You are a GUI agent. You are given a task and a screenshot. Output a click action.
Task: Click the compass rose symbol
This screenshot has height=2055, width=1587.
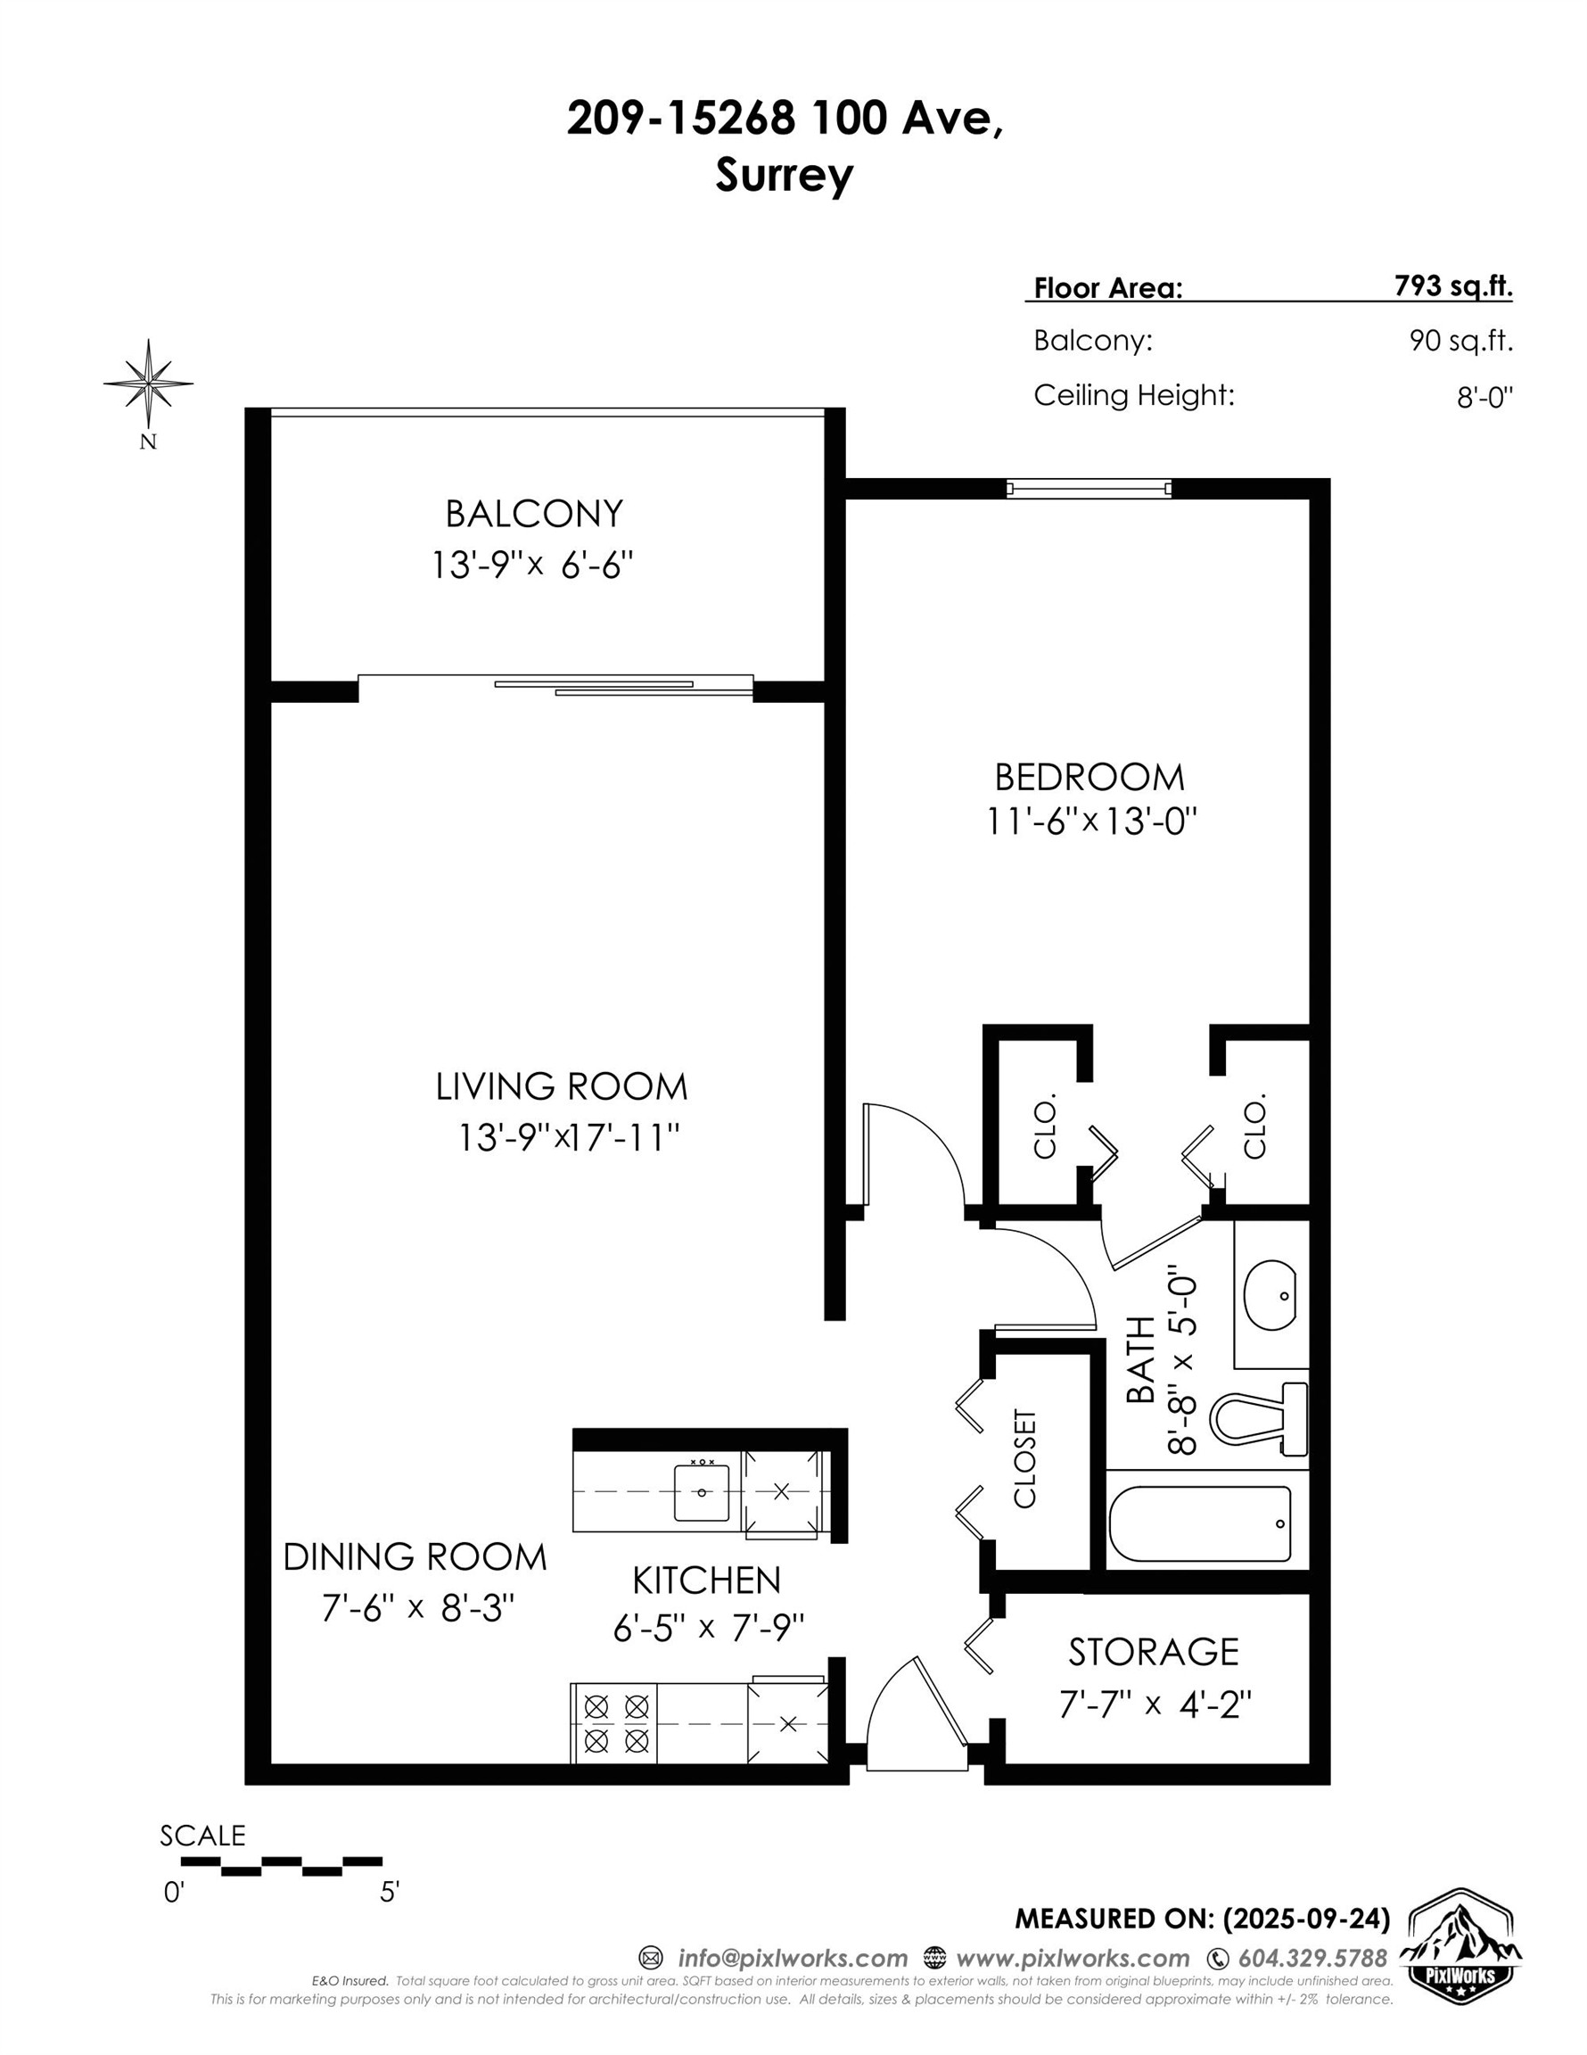click(149, 383)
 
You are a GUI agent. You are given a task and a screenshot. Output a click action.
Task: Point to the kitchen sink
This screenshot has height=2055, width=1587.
click(701, 1492)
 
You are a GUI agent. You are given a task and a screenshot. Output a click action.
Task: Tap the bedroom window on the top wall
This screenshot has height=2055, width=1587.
click(1089, 489)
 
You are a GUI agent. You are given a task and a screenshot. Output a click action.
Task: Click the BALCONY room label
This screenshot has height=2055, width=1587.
click(533, 514)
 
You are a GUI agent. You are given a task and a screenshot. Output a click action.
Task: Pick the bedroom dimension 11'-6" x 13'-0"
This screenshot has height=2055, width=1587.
click(1090, 821)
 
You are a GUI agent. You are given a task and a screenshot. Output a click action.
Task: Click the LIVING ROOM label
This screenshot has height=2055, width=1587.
click(562, 1086)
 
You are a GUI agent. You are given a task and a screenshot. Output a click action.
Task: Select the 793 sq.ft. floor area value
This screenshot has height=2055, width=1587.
click(1452, 286)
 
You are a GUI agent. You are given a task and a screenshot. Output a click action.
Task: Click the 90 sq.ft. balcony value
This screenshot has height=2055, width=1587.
click(1460, 341)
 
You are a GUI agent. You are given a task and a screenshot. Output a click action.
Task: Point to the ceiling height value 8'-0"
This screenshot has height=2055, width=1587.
click(1484, 397)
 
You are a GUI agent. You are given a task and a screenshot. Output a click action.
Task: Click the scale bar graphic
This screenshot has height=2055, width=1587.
click(281, 1866)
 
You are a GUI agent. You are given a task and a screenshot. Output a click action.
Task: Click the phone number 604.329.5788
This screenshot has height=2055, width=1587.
click(1312, 1958)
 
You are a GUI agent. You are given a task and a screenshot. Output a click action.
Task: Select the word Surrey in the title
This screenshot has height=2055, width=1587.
click(784, 175)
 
